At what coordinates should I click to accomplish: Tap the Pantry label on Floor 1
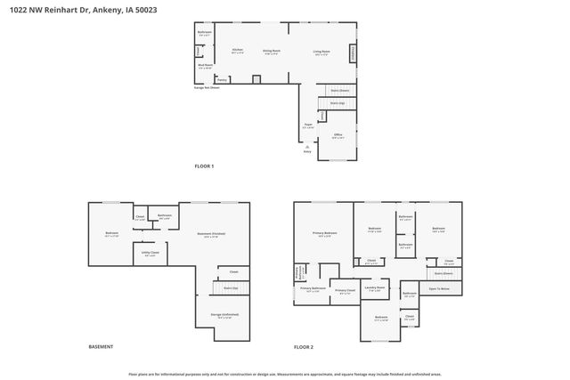222,79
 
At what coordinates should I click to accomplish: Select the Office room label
338,136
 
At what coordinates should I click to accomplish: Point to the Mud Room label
205,66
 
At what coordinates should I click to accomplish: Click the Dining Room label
272,52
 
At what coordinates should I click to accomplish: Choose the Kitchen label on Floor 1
238,51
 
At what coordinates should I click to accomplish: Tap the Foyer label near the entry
308,126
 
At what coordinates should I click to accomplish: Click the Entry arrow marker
308,148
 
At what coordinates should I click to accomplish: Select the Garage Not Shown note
208,88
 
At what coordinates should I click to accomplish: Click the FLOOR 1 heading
205,166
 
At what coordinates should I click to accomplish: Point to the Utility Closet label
151,254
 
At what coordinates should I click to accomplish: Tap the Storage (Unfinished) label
224,315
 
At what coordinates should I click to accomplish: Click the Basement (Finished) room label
211,234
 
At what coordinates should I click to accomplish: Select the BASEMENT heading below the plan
101,346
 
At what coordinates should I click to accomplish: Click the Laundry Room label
374,288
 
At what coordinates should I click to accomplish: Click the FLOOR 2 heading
305,346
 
